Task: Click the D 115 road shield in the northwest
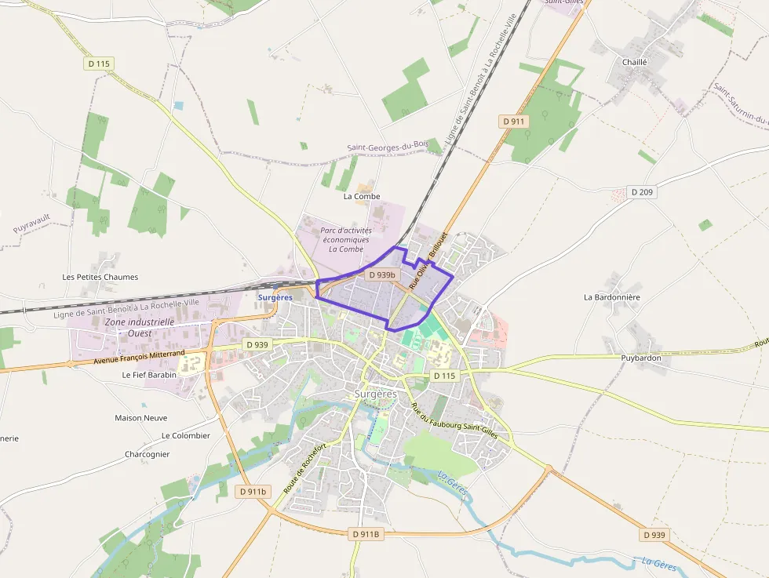click(x=98, y=64)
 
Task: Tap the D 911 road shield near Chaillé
click(x=514, y=121)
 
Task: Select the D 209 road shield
click(x=642, y=191)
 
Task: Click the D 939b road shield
click(x=382, y=274)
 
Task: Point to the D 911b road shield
click(x=253, y=492)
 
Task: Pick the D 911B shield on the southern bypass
click(x=365, y=534)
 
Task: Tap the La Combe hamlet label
click(x=362, y=196)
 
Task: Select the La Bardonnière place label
click(x=612, y=297)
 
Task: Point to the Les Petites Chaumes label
click(x=100, y=277)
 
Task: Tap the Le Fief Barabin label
click(x=149, y=375)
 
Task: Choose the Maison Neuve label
click(x=140, y=418)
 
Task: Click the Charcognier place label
click(x=147, y=454)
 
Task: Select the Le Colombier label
click(x=186, y=435)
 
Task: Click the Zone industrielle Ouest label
click(x=140, y=327)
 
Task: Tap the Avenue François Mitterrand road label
click(x=139, y=357)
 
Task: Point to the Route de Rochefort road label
click(x=305, y=468)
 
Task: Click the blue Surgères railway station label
click(x=275, y=297)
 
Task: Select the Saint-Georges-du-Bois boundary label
click(x=388, y=147)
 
